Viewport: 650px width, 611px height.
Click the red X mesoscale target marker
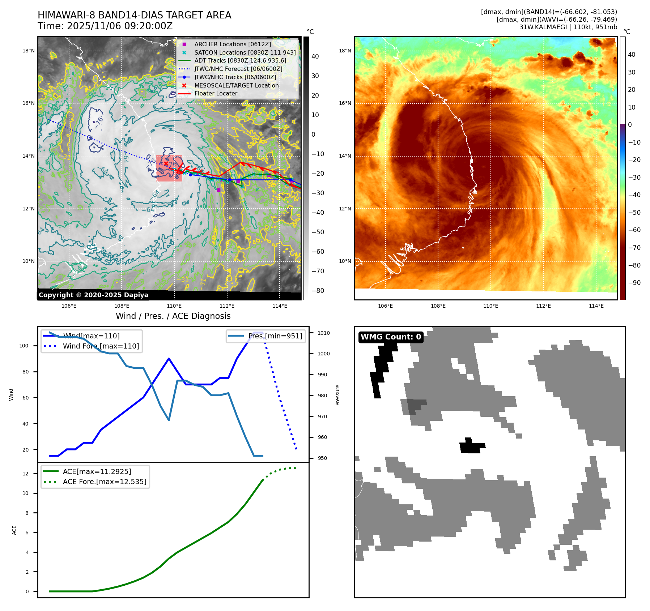click(166, 164)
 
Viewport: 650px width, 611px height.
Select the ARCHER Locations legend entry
click(232, 44)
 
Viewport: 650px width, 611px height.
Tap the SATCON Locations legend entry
click(245, 52)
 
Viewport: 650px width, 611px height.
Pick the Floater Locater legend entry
click(216, 93)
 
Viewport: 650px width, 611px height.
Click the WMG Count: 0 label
click(391, 337)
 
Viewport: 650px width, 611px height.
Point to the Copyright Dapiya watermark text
click(93, 295)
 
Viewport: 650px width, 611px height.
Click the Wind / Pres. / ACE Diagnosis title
click(173, 316)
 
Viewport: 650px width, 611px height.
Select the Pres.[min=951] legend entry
click(275, 336)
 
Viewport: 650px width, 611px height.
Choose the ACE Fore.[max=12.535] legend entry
click(105, 482)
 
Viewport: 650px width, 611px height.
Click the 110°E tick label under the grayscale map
click(174, 306)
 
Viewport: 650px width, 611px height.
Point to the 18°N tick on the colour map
click(345, 51)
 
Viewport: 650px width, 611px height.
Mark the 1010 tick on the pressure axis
click(324, 333)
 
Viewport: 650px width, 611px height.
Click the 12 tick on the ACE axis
click(25, 474)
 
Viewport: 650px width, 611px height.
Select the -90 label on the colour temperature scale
click(634, 283)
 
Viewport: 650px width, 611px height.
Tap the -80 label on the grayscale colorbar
click(318, 291)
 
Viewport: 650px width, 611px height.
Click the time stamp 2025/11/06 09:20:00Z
click(120, 26)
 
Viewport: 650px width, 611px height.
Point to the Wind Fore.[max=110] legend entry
click(101, 346)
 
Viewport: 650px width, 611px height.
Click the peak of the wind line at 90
click(169, 358)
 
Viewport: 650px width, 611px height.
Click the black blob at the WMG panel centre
click(471, 446)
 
